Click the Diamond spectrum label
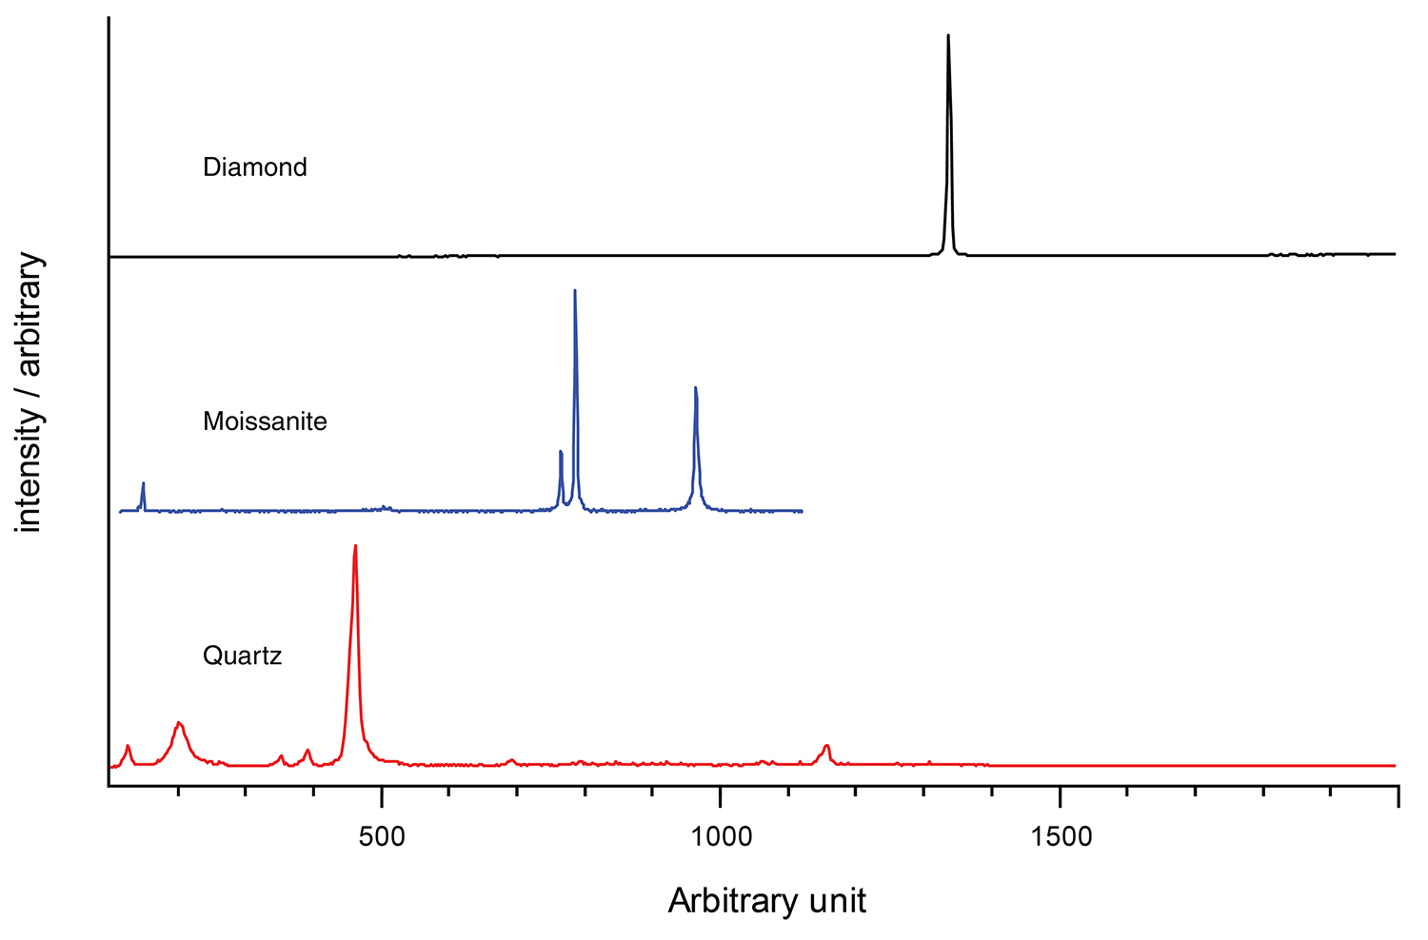click(x=255, y=167)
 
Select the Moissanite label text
click(x=265, y=421)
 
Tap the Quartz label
click(x=242, y=656)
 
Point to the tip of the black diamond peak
click(x=948, y=36)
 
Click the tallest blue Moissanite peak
click(x=575, y=291)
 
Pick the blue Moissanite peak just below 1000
click(x=696, y=388)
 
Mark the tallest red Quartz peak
click(x=355, y=547)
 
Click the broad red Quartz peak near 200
click(x=179, y=725)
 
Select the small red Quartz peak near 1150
click(x=826, y=747)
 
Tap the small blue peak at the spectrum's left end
click(x=143, y=484)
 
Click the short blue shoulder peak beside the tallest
click(x=561, y=453)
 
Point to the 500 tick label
click(x=381, y=836)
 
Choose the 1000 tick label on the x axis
click(x=721, y=836)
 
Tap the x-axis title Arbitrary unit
click(x=767, y=900)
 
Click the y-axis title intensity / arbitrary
click(x=30, y=392)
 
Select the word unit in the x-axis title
click(x=837, y=900)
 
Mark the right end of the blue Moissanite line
click(x=802, y=511)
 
